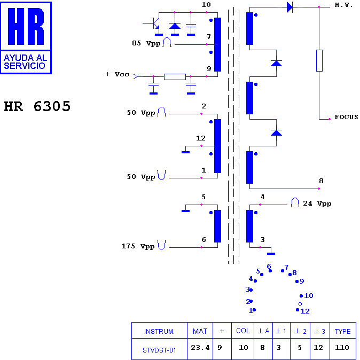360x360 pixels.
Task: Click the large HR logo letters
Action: pyautogui.click(x=26, y=26)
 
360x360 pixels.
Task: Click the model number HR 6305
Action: pyautogui.click(x=37, y=106)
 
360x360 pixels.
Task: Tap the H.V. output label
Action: pyautogui.click(x=343, y=5)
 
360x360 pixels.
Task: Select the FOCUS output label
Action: pyautogui.click(x=346, y=117)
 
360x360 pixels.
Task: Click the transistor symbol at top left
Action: pyautogui.click(x=154, y=24)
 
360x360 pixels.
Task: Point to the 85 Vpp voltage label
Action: pyautogui.click(x=146, y=43)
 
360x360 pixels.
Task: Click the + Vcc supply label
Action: pyautogui.click(x=117, y=74)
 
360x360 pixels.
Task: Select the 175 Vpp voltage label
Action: pyautogui.click(x=138, y=246)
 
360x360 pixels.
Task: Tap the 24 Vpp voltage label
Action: pyautogui.click(x=317, y=204)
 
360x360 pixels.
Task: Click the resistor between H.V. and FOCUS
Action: pyautogui.click(x=319, y=60)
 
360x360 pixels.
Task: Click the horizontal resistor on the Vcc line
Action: pyautogui.click(x=175, y=77)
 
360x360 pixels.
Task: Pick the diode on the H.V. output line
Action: pyautogui.click(x=289, y=7)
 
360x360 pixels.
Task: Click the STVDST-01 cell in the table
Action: pyautogui.click(x=159, y=350)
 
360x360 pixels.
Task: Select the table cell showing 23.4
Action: pyautogui.click(x=200, y=348)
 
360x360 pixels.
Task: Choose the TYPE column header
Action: pyautogui.click(x=342, y=331)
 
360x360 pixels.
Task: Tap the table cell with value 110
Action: pyautogui.click(x=342, y=347)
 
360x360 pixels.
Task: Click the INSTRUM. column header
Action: pyautogui.click(x=159, y=331)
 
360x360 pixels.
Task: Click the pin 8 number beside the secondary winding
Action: pyautogui.click(x=321, y=181)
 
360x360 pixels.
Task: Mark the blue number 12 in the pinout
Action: pyautogui.click(x=305, y=311)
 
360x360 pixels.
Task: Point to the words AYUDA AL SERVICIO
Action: pyautogui.click(x=25, y=62)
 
